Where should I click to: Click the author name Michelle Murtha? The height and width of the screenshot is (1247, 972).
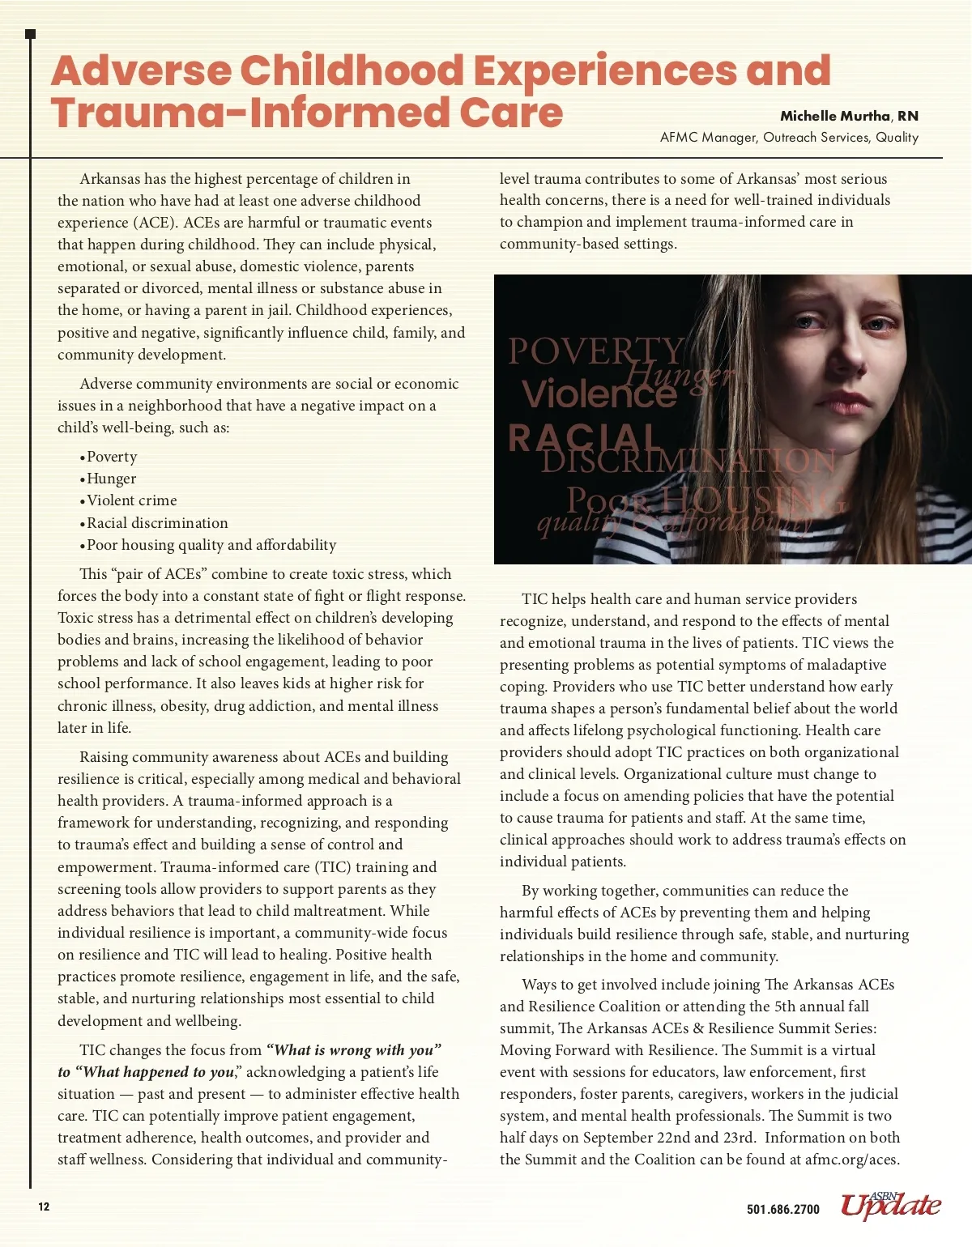pyautogui.click(x=834, y=116)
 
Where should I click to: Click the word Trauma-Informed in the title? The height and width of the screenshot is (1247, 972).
pyautogui.click(x=248, y=113)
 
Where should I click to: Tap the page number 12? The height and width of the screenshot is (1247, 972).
pyautogui.click(x=44, y=1207)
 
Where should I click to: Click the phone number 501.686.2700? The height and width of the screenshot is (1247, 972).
pyautogui.click(x=782, y=1209)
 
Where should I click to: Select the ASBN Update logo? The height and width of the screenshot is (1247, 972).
pyautogui.click(x=890, y=1205)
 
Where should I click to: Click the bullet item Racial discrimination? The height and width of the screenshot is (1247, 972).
pyautogui.click(x=157, y=523)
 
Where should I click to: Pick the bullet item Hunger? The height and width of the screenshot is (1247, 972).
pyautogui.click(x=111, y=479)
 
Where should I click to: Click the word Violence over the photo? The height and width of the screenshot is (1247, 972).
pyautogui.click(x=599, y=394)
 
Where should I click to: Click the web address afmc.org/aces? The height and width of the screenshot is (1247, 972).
pyautogui.click(x=850, y=1160)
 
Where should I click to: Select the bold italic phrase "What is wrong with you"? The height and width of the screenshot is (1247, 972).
pyautogui.click(x=354, y=1050)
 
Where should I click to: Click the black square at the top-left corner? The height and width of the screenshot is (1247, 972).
pyautogui.click(x=31, y=34)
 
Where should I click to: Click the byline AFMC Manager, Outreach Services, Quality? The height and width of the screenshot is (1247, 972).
pyautogui.click(x=789, y=138)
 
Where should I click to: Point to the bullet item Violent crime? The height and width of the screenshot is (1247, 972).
pyautogui.click(x=131, y=500)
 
